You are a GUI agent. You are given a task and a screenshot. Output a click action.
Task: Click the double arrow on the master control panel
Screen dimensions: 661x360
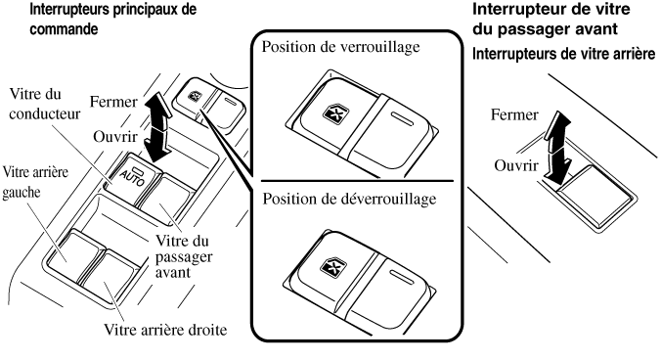point(156,127)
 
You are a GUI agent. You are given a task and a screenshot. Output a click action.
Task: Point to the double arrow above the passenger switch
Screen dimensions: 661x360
point(557,147)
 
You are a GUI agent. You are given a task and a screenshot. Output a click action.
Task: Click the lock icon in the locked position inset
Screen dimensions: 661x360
point(332,113)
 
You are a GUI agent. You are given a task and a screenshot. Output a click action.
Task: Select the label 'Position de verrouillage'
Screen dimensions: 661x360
point(340,46)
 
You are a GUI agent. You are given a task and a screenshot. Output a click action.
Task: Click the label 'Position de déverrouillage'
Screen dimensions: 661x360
point(349,199)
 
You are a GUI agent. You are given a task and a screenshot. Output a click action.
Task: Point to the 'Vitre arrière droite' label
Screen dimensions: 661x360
point(165,330)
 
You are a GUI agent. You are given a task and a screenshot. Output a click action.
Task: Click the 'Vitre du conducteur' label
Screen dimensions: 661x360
point(44,104)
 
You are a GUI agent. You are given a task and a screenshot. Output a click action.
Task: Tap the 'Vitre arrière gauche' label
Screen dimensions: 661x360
point(35,182)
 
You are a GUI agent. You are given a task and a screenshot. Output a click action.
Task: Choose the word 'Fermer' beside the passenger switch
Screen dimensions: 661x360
point(514,114)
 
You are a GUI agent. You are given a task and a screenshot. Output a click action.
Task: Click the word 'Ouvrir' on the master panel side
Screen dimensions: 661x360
point(115,137)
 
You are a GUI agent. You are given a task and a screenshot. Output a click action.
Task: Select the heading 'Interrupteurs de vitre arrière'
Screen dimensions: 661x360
point(563,54)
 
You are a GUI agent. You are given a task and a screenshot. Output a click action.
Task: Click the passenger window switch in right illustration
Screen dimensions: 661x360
point(595,195)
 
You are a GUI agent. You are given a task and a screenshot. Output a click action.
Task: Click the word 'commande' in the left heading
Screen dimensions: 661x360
point(64,29)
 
